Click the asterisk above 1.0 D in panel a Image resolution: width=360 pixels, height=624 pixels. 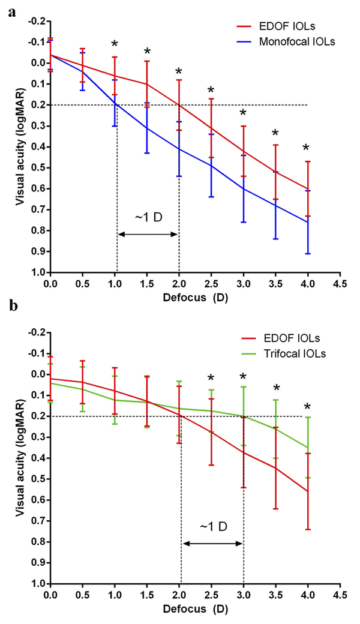[115, 46]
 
